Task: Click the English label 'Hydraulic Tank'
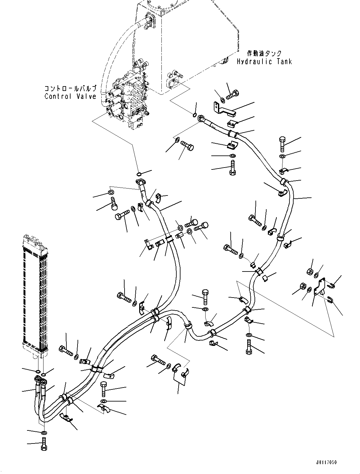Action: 264,62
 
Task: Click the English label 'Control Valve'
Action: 70,96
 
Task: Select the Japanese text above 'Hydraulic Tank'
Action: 264,53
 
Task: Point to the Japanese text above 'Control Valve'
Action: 70,88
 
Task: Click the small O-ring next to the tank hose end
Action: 195,115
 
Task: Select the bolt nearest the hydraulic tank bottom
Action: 233,94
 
